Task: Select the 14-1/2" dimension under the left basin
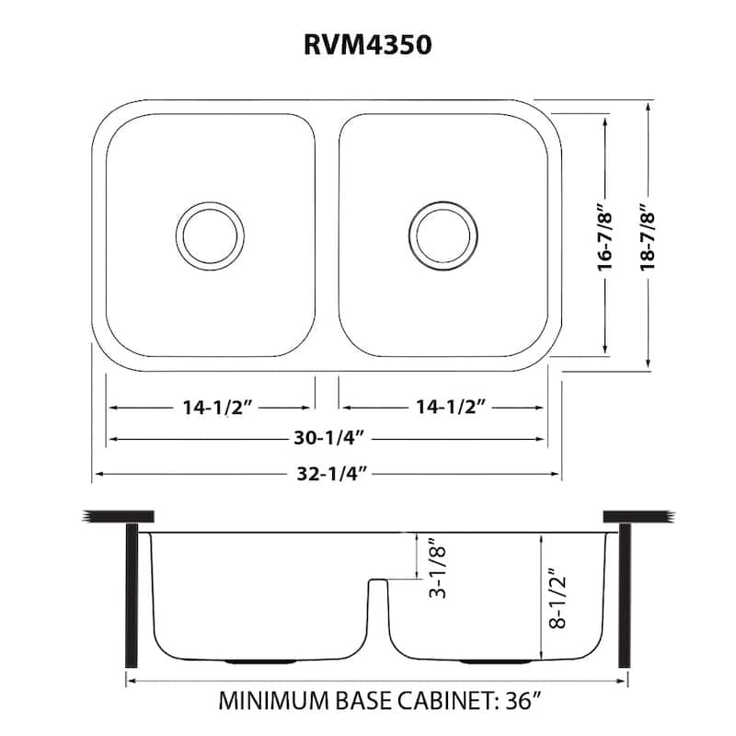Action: click(x=212, y=407)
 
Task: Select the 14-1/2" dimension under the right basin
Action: click(x=443, y=407)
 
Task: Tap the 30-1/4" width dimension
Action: click(x=328, y=440)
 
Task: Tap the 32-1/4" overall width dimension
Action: click(x=328, y=475)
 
